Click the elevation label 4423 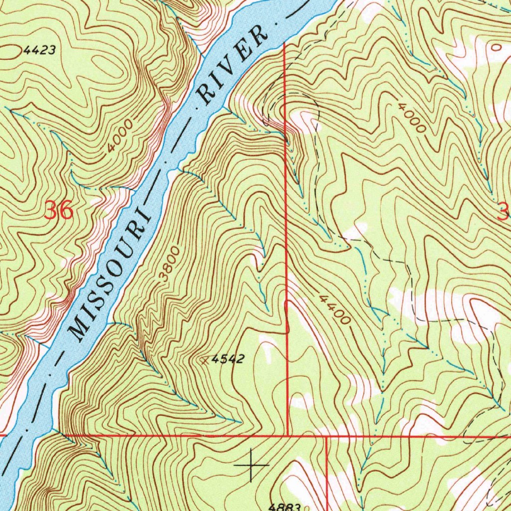[38, 50]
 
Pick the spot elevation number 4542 [228, 359]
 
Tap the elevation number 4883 [284, 506]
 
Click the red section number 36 [59, 211]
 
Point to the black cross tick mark [251, 465]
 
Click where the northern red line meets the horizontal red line [288, 435]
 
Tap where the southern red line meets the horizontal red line [326, 436]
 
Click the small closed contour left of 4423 [9, 49]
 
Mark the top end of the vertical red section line [284, 44]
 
